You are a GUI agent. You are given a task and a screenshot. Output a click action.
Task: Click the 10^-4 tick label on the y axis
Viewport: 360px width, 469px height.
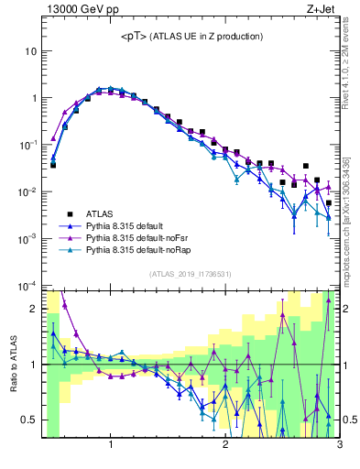point(28,285)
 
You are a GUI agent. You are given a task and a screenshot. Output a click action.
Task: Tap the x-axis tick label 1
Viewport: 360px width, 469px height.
point(111,445)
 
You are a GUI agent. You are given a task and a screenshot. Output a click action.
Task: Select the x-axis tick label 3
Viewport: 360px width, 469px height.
point(339,445)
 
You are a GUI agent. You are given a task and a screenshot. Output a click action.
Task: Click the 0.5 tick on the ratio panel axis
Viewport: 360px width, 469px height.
point(30,420)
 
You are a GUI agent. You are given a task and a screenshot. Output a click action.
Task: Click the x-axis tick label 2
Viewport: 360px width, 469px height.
point(225,445)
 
